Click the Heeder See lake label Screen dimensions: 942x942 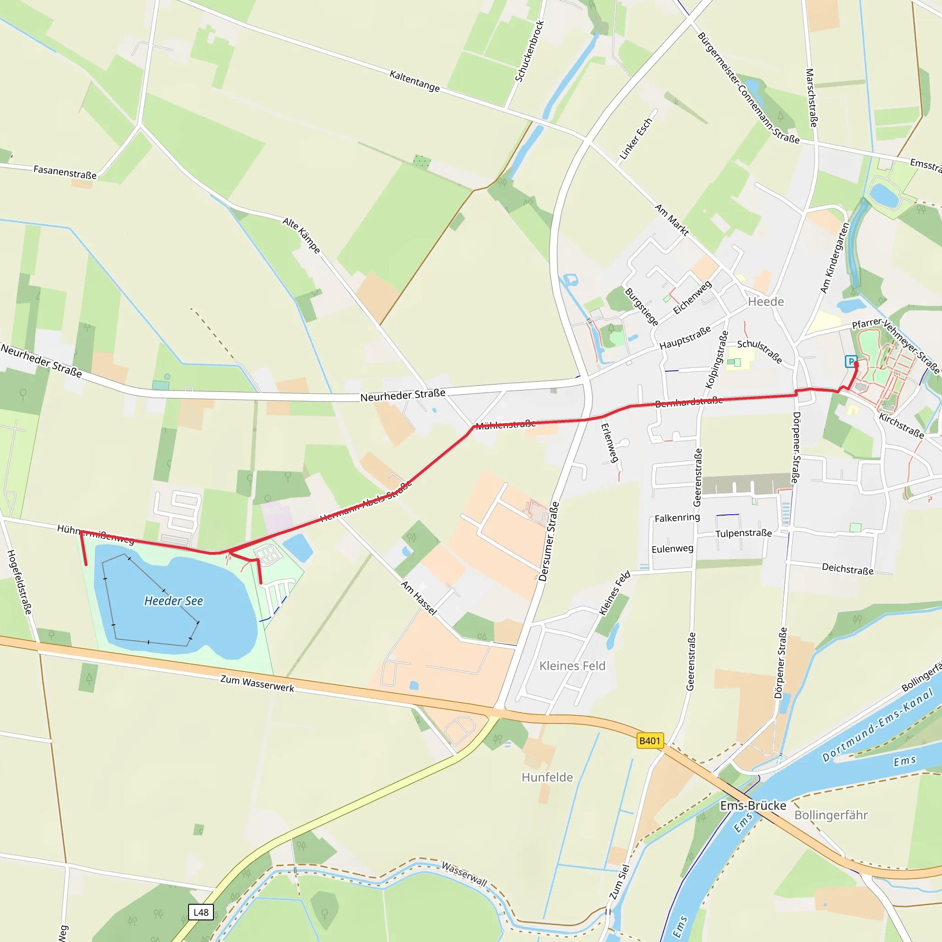click(x=173, y=601)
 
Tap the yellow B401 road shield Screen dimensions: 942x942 click(x=650, y=741)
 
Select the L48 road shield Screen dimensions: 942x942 click(x=201, y=912)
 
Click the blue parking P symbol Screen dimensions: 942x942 click(x=851, y=361)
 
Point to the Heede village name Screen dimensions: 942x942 click(x=766, y=302)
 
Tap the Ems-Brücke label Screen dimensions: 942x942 click(x=753, y=805)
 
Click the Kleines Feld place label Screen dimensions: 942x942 click(x=572, y=666)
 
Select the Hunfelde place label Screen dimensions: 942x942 click(x=547, y=777)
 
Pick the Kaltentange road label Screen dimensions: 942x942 click(x=414, y=81)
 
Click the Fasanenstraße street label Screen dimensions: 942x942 click(x=65, y=172)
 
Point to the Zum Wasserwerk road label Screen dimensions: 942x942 click(x=257, y=684)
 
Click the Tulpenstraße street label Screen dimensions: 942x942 click(x=744, y=534)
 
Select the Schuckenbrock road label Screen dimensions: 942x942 click(x=529, y=51)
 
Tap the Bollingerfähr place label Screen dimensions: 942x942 click(x=831, y=815)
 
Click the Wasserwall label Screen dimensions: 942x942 click(x=464, y=874)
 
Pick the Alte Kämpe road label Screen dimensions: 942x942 click(x=301, y=235)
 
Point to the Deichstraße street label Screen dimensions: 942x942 click(x=847, y=569)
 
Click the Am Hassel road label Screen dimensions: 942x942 click(x=419, y=598)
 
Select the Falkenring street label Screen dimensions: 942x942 click(x=677, y=518)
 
